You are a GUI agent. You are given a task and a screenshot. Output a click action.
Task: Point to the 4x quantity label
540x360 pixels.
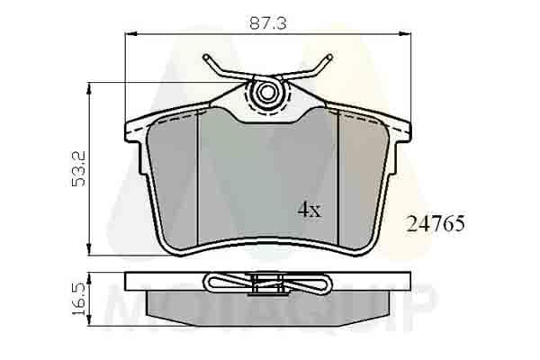click(309, 210)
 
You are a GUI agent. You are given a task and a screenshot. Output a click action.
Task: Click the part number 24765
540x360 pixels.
click(437, 224)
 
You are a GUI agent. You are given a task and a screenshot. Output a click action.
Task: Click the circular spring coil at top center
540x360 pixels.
click(265, 92)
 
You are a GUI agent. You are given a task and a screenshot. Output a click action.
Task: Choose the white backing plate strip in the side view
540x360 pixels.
click(162, 283)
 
